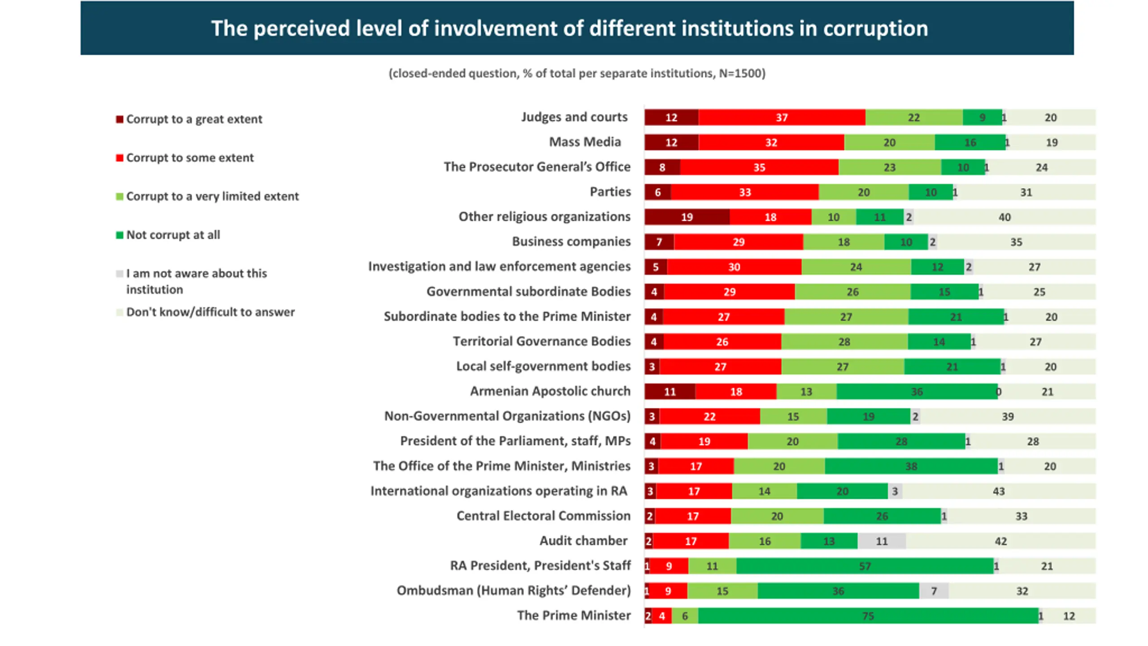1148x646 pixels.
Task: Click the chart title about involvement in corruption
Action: coord(570,28)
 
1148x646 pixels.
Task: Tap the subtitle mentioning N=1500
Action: coord(577,73)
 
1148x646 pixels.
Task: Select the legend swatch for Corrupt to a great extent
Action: coord(119,119)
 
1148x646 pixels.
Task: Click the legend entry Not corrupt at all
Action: coord(173,235)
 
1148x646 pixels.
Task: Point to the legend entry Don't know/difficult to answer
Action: coord(210,312)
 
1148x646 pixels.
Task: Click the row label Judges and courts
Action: coord(574,117)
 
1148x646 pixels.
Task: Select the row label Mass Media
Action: coord(585,142)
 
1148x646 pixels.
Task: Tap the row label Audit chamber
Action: coord(583,541)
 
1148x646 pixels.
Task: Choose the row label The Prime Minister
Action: coord(574,615)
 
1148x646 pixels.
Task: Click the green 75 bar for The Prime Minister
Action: coord(868,615)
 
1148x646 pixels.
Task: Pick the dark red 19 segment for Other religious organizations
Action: coord(687,217)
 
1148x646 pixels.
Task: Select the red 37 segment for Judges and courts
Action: coord(782,118)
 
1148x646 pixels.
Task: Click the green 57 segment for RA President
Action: coord(865,566)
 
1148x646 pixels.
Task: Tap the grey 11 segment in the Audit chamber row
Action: coord(882,541)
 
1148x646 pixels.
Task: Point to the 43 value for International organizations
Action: coord(999,491)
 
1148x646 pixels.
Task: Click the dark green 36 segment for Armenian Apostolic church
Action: coord(917,392)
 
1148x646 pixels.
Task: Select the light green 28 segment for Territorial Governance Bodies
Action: coord(844,342)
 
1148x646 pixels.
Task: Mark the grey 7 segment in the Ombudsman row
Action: coord(934,591)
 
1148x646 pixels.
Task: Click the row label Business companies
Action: coord(571,241)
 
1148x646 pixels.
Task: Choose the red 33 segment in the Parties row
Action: coord(744,192)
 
